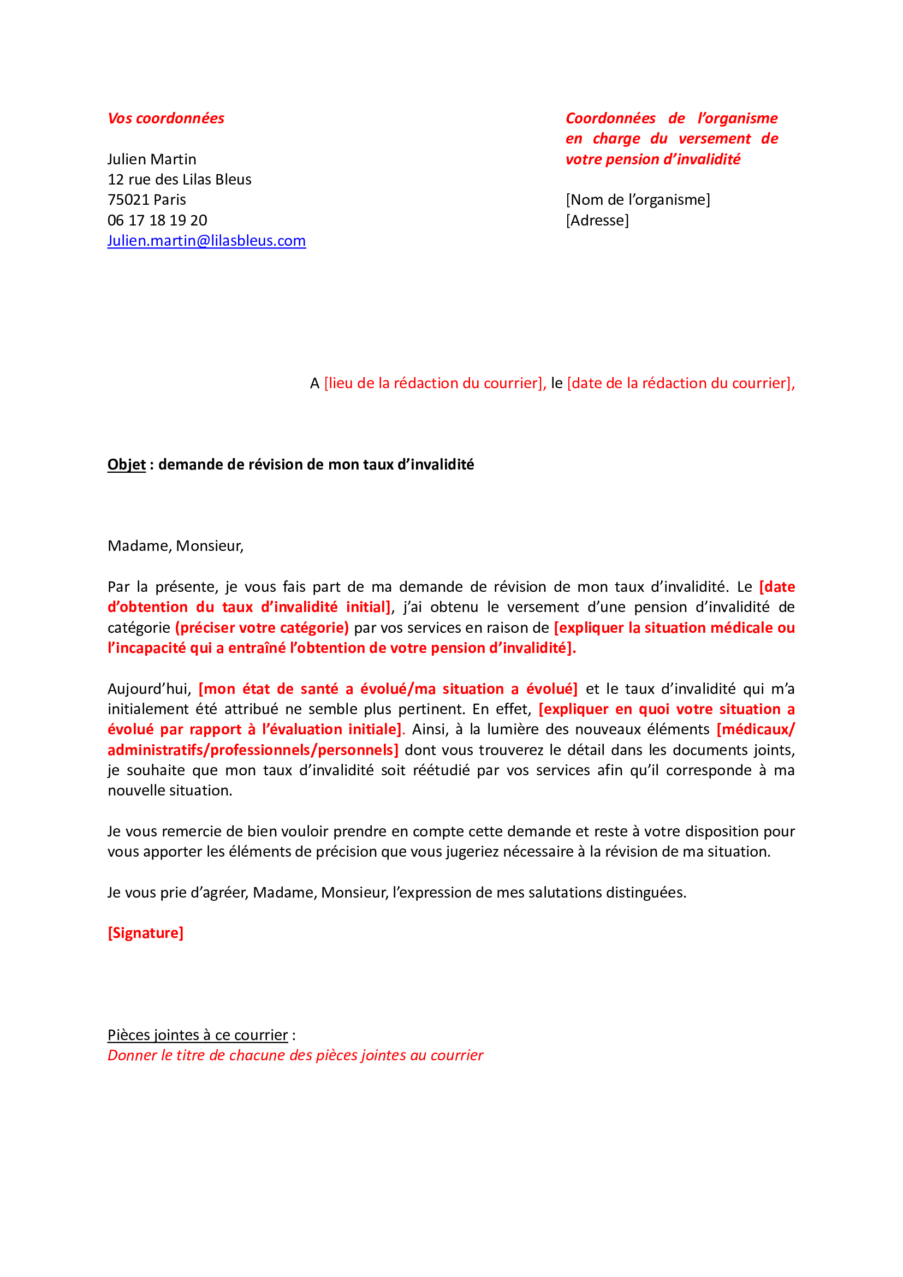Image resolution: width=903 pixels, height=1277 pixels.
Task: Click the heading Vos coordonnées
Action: pos(166,118)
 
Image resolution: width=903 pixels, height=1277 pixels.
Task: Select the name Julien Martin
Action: pos(152,159)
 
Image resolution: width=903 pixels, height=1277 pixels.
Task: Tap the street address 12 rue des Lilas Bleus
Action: pos(179,180)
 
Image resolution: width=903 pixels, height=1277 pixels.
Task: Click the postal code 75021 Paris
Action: pos(147,200)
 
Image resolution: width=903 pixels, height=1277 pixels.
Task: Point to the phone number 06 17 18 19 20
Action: pos(157,220)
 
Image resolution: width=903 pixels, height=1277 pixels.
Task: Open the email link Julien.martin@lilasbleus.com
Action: pos(206,241)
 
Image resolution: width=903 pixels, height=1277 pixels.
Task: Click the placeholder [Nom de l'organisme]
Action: pos(638,200)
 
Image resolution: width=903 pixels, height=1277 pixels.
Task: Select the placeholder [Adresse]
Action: pos(597,220)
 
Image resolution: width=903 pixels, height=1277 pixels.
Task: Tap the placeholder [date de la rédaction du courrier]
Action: pos(680,383)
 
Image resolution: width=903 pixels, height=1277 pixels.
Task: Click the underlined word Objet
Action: pos(126,465)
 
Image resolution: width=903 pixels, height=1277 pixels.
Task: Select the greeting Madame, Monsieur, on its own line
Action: pos(176,545)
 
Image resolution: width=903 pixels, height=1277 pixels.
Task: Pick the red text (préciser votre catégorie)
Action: pos(262,627)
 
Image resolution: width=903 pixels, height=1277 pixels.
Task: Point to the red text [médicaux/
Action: pos(755,729)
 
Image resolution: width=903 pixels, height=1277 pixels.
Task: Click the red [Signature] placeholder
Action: pos(145,932)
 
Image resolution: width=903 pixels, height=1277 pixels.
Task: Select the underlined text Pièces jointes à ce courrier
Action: pos(198,1035)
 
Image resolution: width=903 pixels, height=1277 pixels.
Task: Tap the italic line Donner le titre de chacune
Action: pos(295,1055)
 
